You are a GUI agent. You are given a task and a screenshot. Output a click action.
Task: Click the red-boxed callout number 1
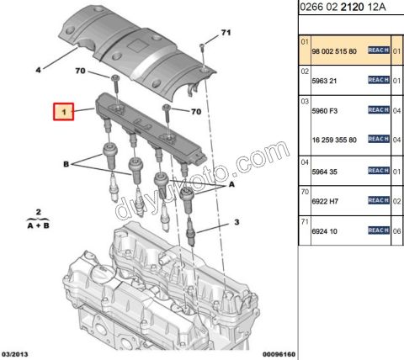click(x=62, y=111)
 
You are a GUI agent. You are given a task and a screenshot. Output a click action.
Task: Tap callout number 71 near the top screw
click(x=225, y=33)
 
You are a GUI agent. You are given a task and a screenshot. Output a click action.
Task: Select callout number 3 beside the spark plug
click(x=237, y=223)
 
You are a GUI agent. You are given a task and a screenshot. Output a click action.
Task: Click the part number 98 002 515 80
click(x=333, y=51)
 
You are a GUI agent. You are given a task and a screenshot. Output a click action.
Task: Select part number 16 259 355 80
click(x=334, y=139)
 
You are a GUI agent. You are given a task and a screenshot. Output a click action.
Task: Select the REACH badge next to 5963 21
click(x=379, y=81)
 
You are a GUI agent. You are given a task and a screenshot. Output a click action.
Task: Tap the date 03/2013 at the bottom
click(x=18, y=354)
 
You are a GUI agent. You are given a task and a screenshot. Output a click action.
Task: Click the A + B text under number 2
click(x=38, y=225)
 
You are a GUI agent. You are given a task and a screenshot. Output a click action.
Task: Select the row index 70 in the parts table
click(x=306, y=193)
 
